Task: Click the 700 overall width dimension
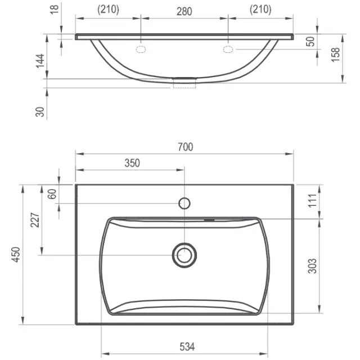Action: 186,147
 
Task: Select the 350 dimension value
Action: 132,163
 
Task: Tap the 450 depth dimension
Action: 16,254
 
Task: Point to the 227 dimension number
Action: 35,220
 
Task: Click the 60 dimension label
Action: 52,194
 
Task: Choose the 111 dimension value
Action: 312,200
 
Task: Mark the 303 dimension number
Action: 312,266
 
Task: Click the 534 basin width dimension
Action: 187,346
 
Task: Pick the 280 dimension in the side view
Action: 184,11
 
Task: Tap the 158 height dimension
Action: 335,55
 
